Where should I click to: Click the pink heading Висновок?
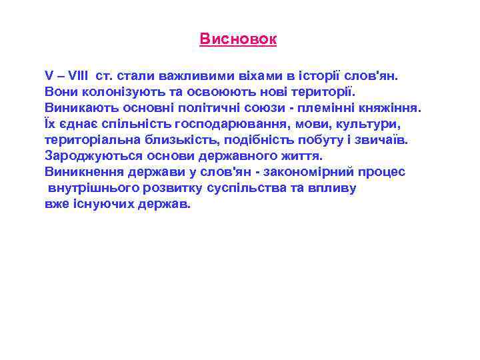point(238,39)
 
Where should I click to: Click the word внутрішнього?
point(94,188)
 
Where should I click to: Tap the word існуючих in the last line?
point(101,204)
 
